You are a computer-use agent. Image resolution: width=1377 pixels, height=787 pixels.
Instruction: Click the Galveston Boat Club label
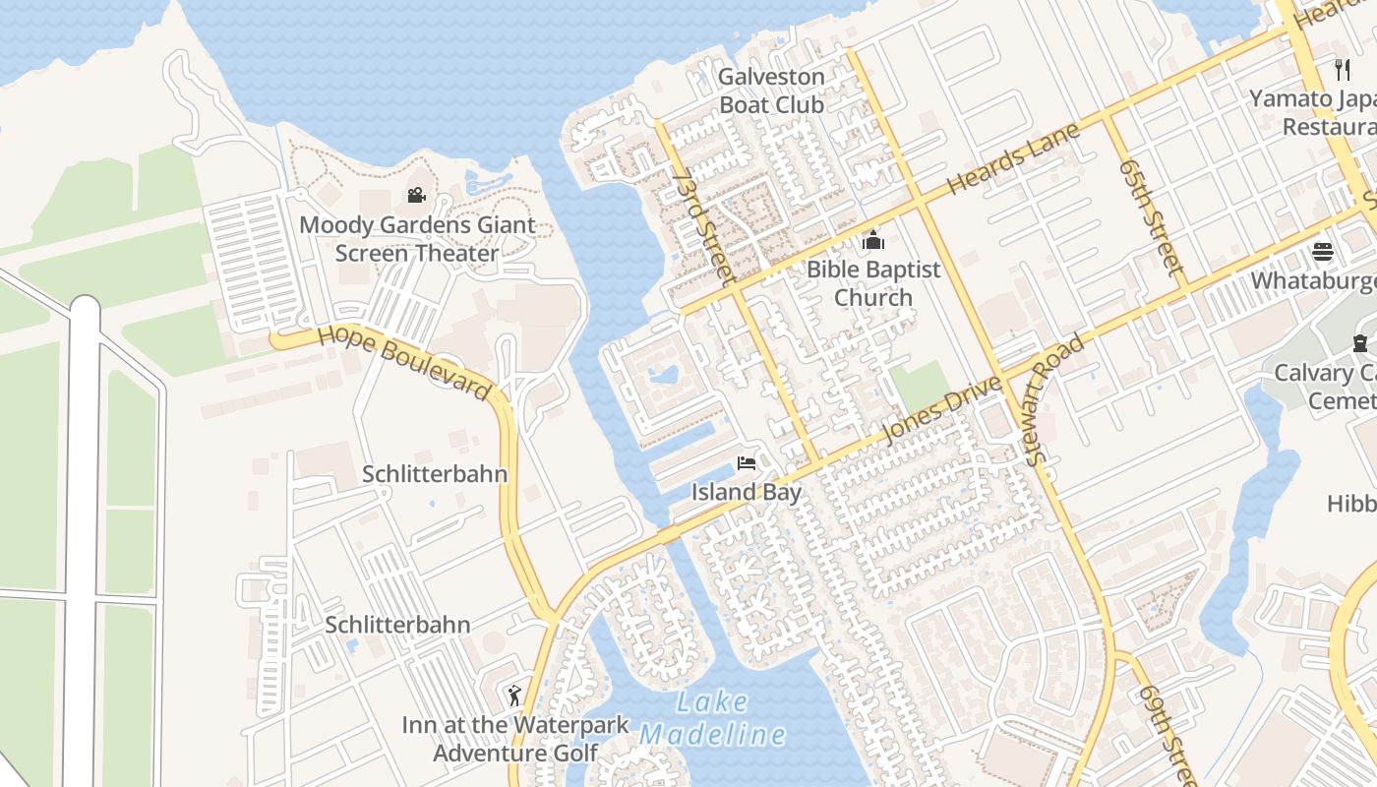click(771, 91)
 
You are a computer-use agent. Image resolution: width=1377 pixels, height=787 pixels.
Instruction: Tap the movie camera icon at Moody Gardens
click(416, 195)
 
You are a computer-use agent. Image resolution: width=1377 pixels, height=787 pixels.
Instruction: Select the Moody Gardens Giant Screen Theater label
click(417, 239)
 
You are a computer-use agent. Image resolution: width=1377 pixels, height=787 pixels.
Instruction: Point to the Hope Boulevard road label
click(404, 361)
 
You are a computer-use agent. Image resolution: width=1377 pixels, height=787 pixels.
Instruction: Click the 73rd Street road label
click(704, 226)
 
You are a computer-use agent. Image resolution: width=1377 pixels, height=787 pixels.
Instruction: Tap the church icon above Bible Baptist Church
click(872, 239)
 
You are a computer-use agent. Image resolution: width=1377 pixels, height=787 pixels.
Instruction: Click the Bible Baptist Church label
click(873, 283)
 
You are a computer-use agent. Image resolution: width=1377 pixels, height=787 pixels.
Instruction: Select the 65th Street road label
click(1149, 215)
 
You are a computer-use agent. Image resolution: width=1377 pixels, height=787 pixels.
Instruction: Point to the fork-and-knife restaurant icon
click(1343, 69)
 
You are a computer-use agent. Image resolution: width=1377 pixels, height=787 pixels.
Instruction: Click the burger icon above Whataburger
click(1323, 252)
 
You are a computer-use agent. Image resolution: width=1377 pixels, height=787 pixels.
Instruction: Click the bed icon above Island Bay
click(747, 463)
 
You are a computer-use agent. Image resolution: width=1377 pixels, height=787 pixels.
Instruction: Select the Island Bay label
click(747, 492)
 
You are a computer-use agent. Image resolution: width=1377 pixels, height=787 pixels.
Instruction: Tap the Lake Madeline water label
click(713, 719)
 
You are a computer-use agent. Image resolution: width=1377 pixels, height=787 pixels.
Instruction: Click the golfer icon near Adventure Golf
click(514, 696)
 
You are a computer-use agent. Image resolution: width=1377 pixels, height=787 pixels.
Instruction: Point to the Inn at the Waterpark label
click(515, 725)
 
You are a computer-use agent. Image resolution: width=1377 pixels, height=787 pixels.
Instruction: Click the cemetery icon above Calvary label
click(1359, 343)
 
